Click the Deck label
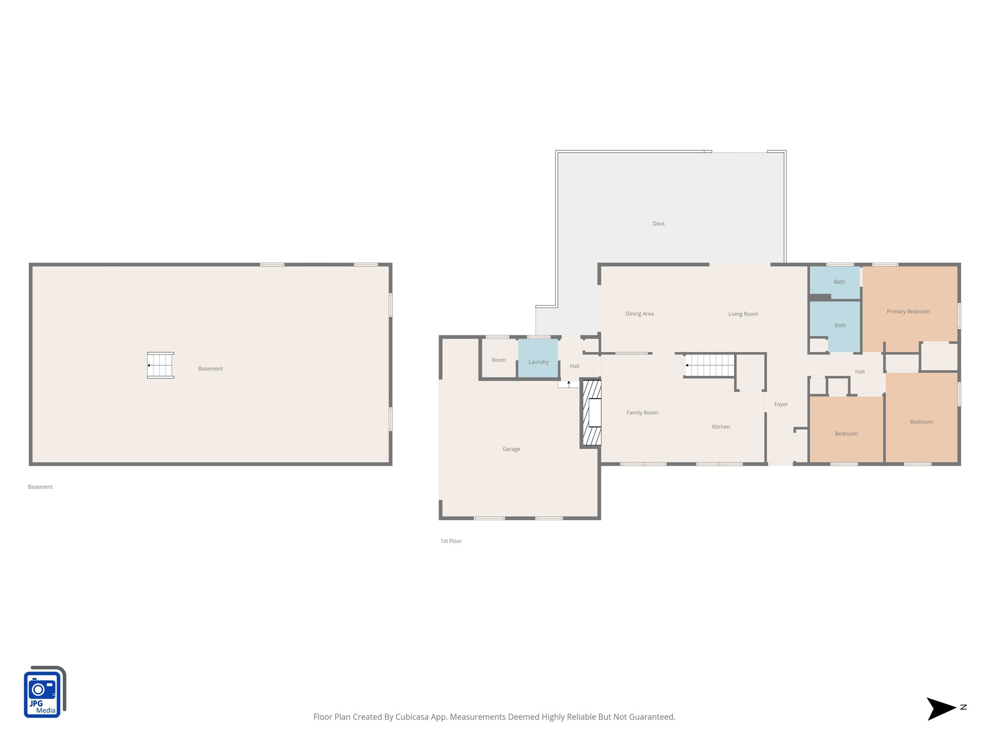coord(658,224)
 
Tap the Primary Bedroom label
coord(908,312)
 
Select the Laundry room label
coord(538,362)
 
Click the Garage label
coord(511,449)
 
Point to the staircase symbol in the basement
coord(160,365)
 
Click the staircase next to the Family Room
coord(709,365)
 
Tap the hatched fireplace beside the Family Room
coord(592,413)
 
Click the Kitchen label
coord(721,427)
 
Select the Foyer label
coord(780,404)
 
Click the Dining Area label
coord(639,314)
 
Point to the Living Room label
coord(743,314)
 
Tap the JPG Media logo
coord(44,692)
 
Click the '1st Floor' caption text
coord(451,541)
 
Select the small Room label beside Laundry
coord(498,360)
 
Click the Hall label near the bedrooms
coord(860,371)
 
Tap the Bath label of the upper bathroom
coord(839,282)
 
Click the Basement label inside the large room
coord(211,369)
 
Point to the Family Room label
coord(642,413)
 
